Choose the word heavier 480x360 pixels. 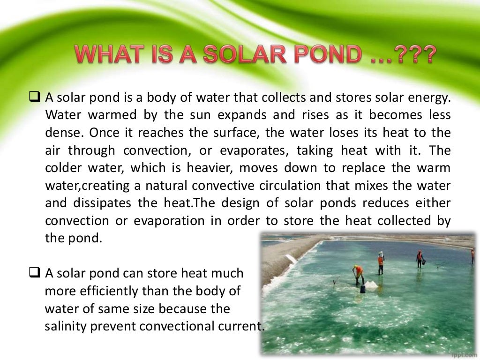[x=212, y=168]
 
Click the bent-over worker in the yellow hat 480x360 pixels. [x=359, y=273]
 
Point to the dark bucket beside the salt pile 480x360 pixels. [x=363, y=288]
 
